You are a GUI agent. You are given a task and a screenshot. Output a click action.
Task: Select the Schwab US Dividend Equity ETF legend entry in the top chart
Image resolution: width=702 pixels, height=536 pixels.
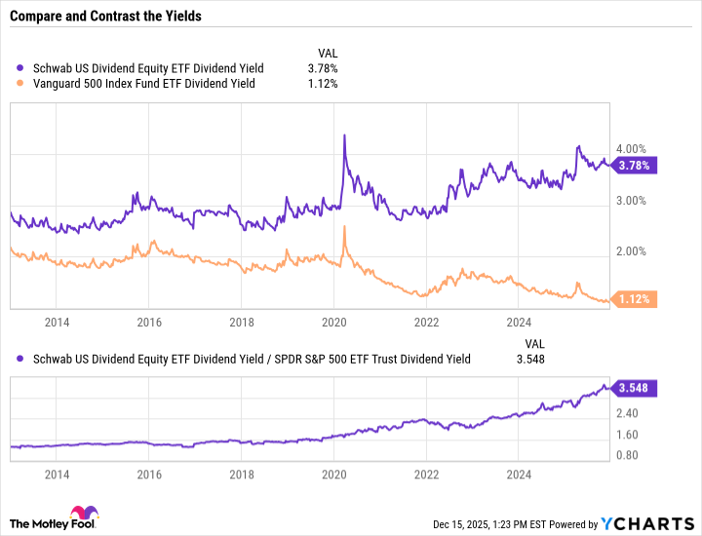tap(146, 68)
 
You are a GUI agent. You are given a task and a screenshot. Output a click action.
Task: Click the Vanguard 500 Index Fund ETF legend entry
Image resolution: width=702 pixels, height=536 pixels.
tap(141, 84)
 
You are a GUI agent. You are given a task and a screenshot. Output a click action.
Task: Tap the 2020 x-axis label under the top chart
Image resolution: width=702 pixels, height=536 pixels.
tap(334, 321)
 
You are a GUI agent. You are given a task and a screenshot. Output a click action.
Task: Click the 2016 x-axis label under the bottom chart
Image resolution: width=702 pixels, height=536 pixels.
tap(149, 476)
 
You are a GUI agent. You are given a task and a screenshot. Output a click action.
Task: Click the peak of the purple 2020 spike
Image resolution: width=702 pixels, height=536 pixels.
tap(344, 135)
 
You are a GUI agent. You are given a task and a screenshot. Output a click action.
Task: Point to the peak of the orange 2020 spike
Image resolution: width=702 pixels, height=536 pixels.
tap(344, 227)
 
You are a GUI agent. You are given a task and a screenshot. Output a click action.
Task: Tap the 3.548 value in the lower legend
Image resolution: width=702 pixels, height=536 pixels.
tap(530, 359)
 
